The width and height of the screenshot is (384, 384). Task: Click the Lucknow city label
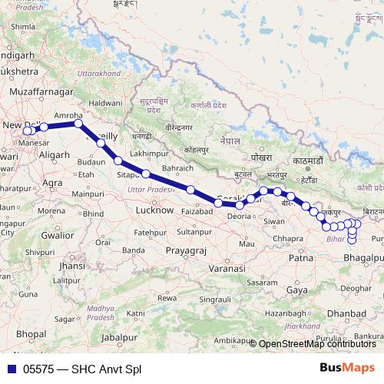(154, 210)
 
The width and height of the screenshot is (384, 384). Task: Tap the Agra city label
(52, 183)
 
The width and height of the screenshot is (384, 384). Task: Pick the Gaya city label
(296, 290)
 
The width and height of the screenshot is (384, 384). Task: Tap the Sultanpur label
(194, 230)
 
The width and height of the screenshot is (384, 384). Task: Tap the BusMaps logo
(347, 368)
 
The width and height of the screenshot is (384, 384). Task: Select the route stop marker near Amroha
(78, 123)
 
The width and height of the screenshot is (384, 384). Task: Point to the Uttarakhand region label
(100, 71)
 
